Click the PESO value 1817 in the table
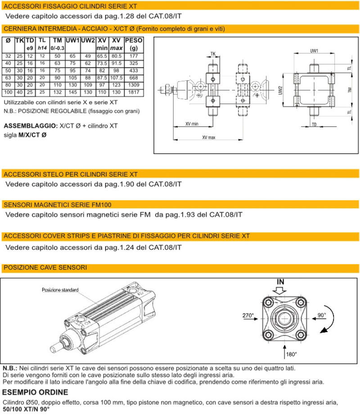[x=133, y=92]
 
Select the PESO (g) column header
[x=133, y=44]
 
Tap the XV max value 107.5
[x=117, y=77]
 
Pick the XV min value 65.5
[x=102, y=56]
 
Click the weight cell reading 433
[x=133, y=70]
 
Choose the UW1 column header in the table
[x=72, y=41]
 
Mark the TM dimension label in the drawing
[x=349, y=90]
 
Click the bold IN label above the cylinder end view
[x=281, y=282]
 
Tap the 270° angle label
[x=249, y=316]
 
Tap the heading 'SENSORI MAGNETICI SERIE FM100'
[x=55, y=205]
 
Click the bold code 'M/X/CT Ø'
[x=32, y=135]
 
